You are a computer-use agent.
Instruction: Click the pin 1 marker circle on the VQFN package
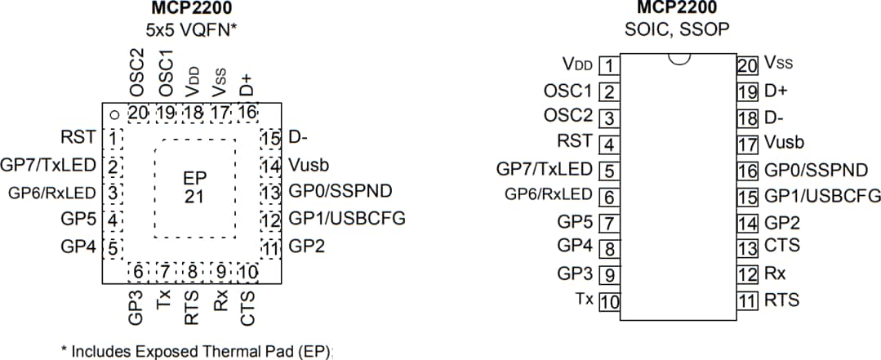[x=116, y=115]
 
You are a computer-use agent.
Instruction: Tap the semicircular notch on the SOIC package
[x=678, y=58]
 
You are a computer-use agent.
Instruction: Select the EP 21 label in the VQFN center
[x=194, y=188]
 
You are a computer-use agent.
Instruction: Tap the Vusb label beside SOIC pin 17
[x=785, y=143]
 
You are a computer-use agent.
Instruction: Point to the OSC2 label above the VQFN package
[x=137, y=75]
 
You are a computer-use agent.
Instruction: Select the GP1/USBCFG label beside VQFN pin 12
[x=346, y=219]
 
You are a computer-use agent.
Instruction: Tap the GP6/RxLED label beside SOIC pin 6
[x=549, y=194]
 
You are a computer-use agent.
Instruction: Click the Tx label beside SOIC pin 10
[x=584, y=300]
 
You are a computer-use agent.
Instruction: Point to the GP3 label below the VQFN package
[x=137, y=306]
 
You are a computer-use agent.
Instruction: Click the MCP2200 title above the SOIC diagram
[x=678, y=10]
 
